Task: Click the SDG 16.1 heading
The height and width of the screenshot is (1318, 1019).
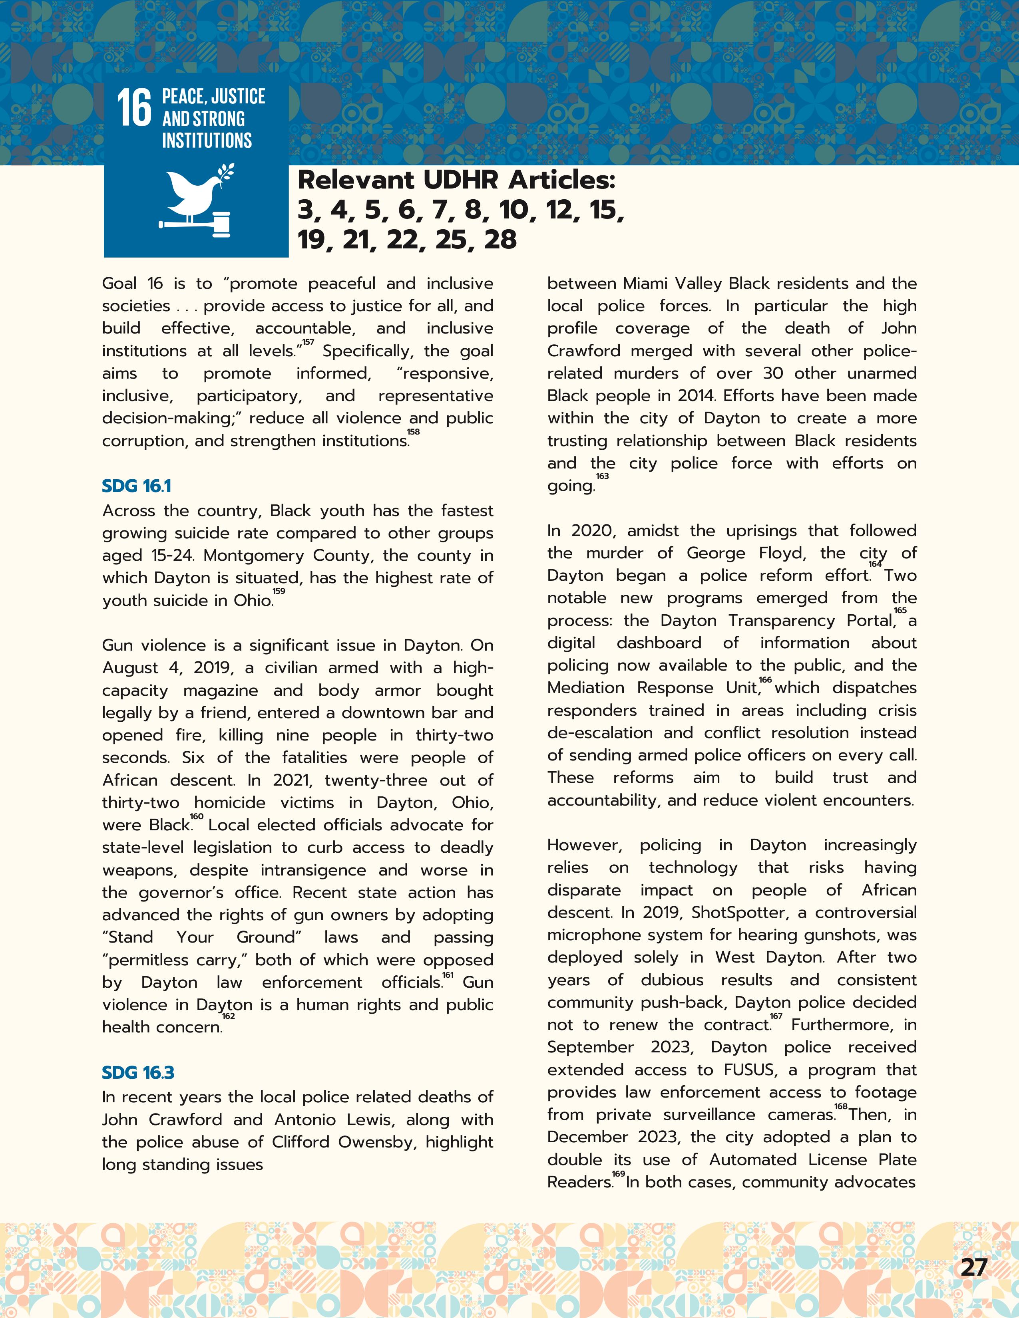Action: (x=136, y=486)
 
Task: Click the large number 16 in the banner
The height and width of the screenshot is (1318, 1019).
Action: (x=134, y=109)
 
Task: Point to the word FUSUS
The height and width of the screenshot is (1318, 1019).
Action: (x=748, y=1070)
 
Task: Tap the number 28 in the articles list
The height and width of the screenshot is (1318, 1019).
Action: (x=500, y=240)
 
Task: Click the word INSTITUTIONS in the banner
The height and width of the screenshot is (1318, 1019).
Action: (x=207, y=141)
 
